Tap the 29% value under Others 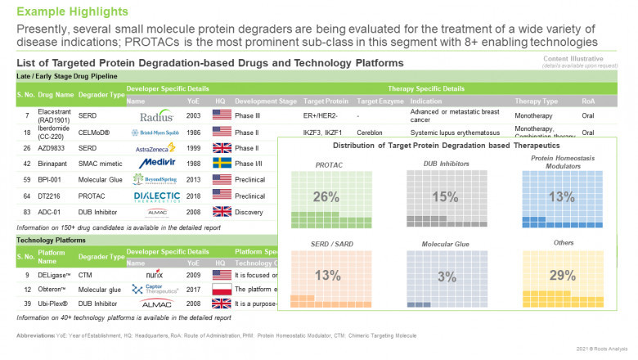point(562,275)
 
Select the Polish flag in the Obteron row point(222,289)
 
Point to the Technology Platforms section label point(52,241)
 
